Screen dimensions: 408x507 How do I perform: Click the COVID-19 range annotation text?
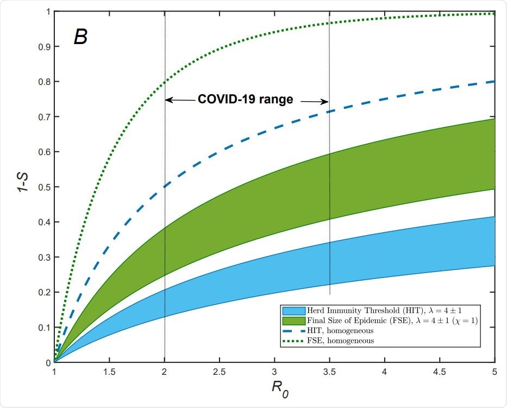point(245,100)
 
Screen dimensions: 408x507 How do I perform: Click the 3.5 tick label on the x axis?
point(329,374)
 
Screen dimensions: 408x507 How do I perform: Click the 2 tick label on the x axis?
point(164,374)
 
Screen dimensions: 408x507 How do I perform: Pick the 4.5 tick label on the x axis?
point(439,374)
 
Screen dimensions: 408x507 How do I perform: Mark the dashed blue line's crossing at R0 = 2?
point(164,187)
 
